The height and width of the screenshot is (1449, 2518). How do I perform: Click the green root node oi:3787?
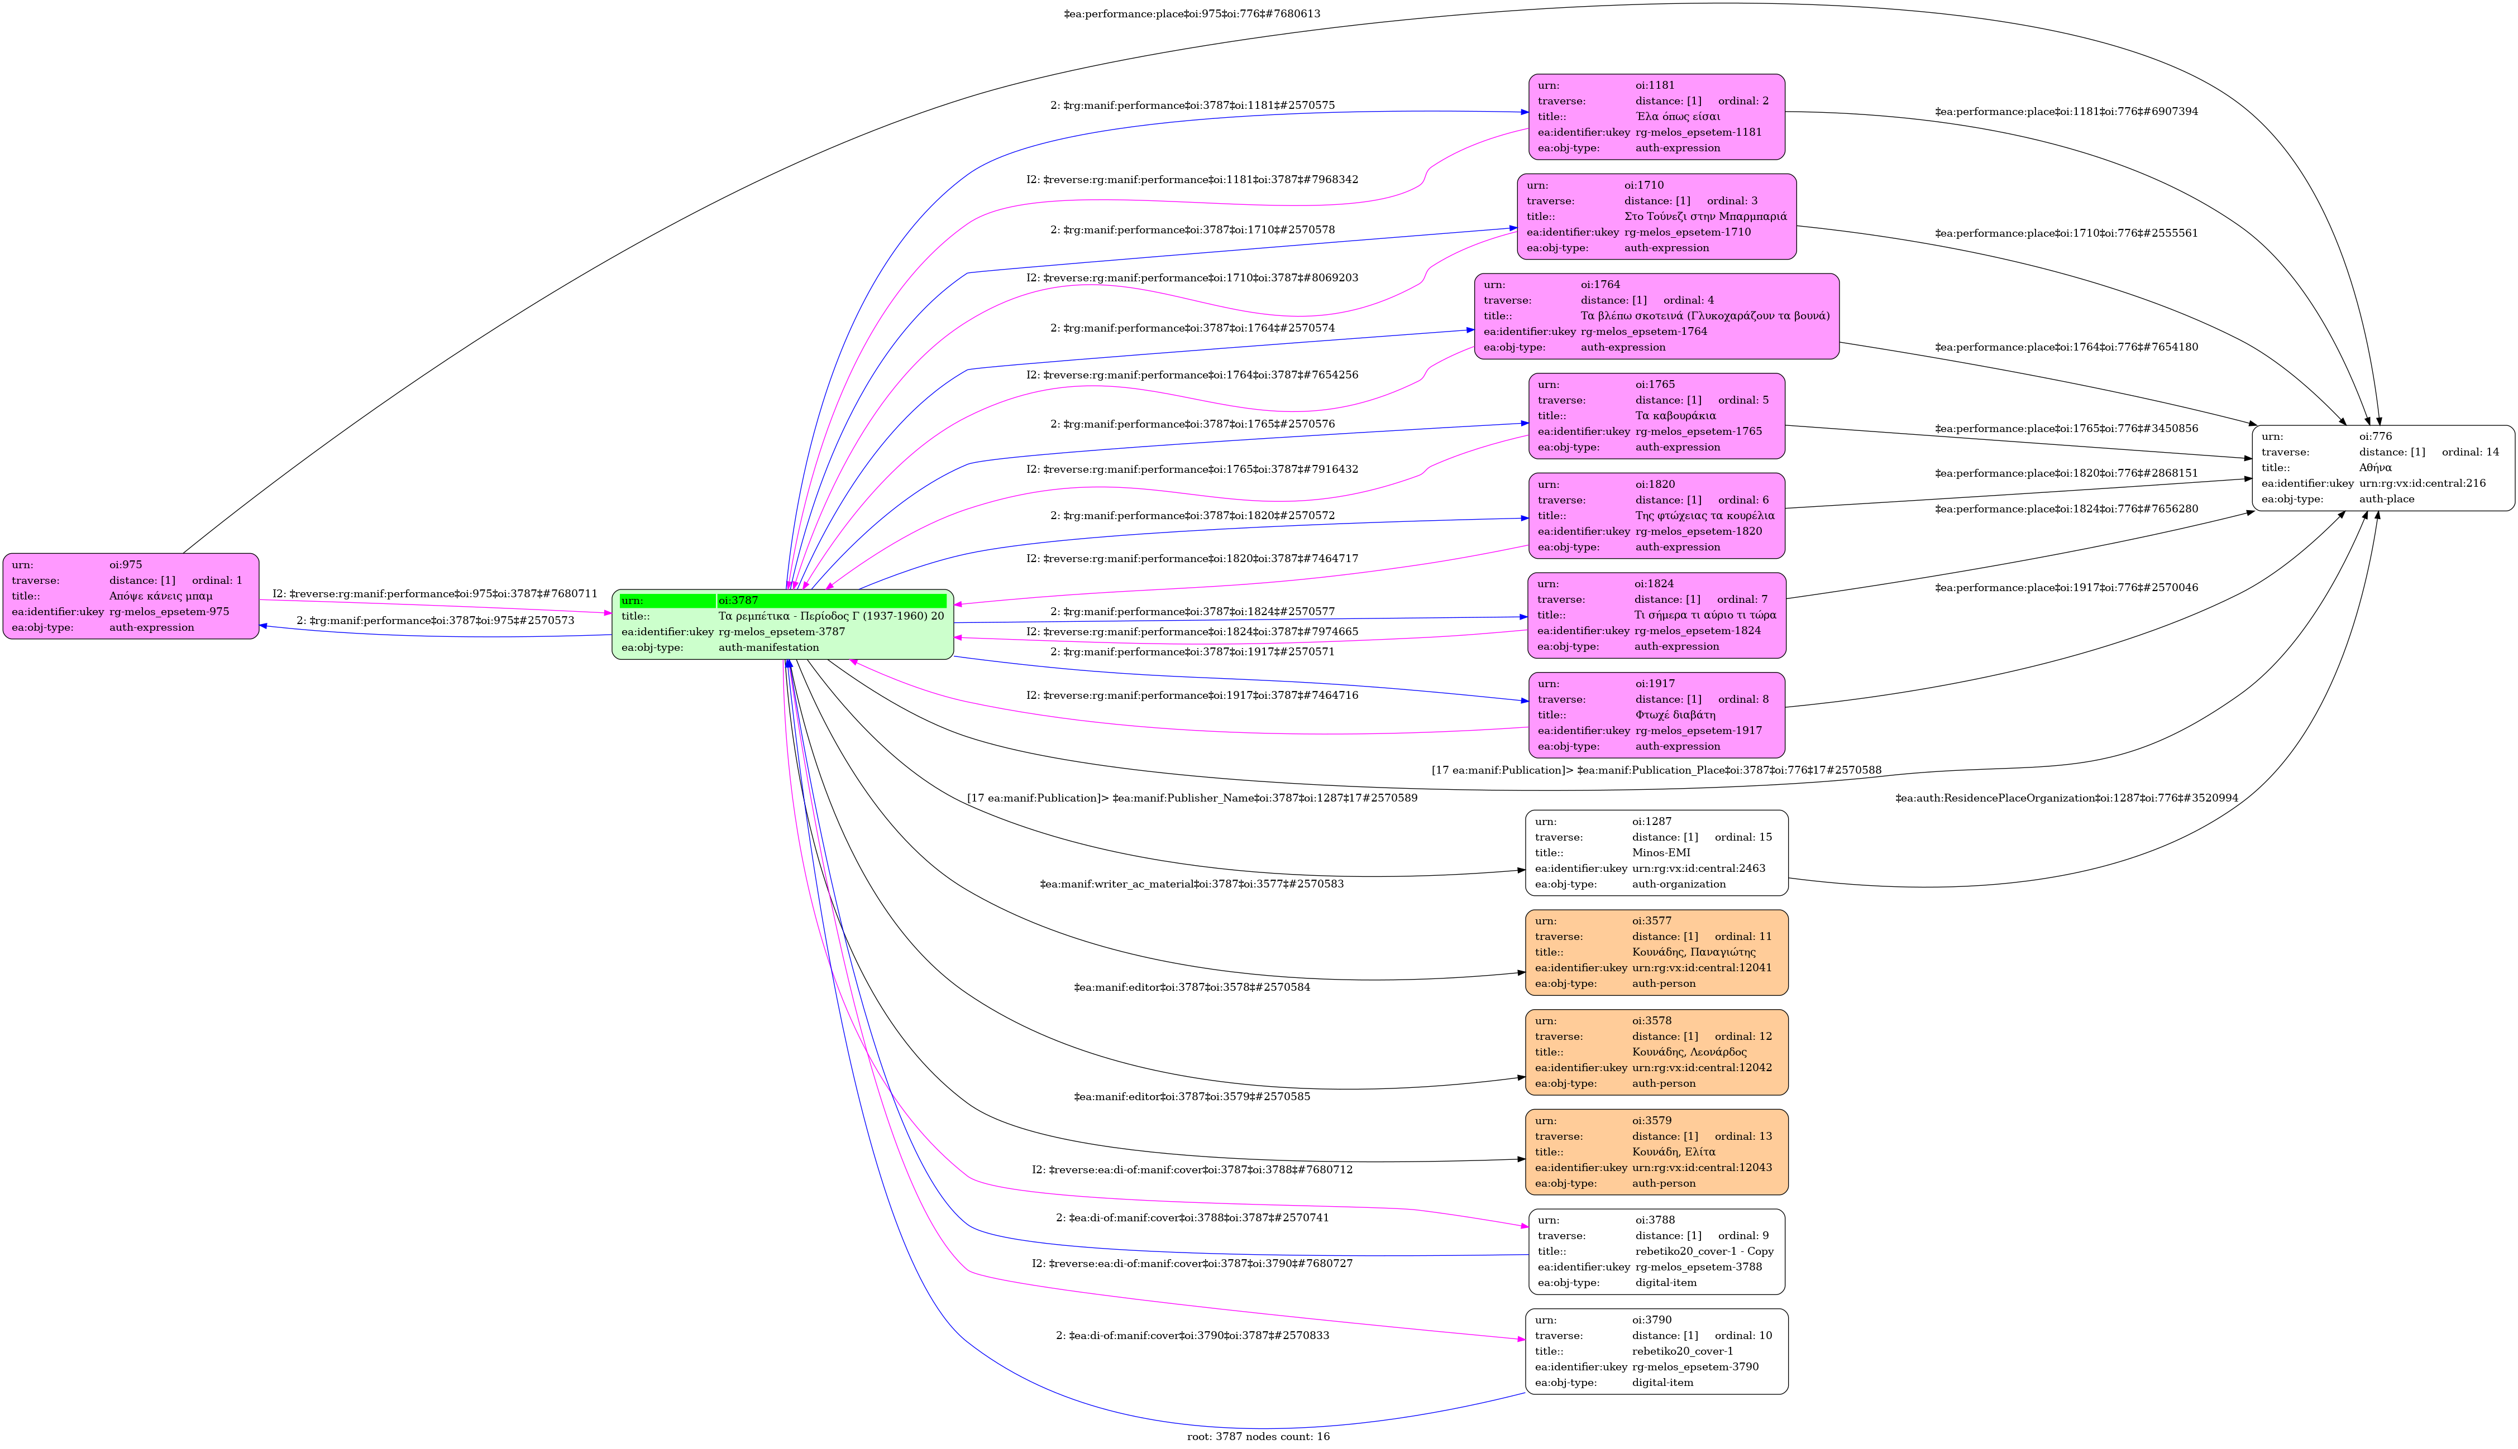click(782, 624)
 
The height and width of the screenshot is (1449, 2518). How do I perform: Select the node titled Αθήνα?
click(2383, 468)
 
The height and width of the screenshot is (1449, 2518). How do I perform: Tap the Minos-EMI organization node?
click(1656, 853)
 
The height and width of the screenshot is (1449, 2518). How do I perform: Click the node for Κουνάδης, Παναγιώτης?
click(1656, 952)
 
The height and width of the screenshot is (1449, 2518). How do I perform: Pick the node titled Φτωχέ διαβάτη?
click(1656, 714)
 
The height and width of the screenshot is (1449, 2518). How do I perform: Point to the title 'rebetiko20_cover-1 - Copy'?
click(1704, 1251)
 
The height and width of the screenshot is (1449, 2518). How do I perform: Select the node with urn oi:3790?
click(1656, 1351)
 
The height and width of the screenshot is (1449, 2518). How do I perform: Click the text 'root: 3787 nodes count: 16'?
click(1258, 1436)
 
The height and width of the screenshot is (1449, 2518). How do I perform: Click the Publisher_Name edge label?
click(1192, 798)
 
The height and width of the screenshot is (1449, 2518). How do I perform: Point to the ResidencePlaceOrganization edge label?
click(2066, 798)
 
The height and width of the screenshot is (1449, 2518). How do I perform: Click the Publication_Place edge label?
click(1656, 770)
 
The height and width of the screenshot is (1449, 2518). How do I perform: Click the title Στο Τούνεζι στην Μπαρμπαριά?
click(1704, 216)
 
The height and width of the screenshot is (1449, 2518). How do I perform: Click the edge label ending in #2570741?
click(1192, 1218)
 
